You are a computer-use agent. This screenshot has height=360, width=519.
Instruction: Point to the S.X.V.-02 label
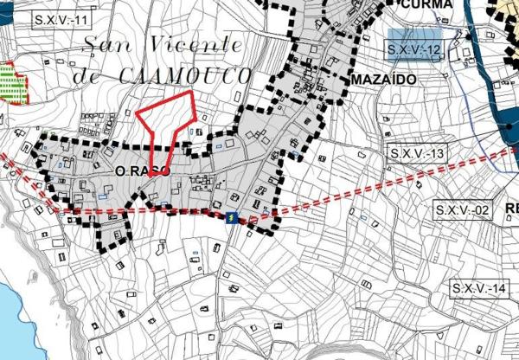[x=464, y=210]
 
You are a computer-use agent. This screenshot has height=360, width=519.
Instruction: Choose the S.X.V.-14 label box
[x=477, y=287]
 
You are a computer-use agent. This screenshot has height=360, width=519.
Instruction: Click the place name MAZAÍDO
[x=385, y=78]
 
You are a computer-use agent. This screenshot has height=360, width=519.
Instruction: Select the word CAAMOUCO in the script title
[x=185, y=76]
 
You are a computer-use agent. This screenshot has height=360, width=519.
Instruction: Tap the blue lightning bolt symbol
[x=232, y=218]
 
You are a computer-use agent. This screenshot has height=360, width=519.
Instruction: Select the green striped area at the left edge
[x=9, y=82]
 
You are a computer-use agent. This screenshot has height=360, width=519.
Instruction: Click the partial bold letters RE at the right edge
[x=511, y=208]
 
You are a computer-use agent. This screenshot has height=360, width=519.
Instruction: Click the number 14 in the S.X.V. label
[x=496, y=287]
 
